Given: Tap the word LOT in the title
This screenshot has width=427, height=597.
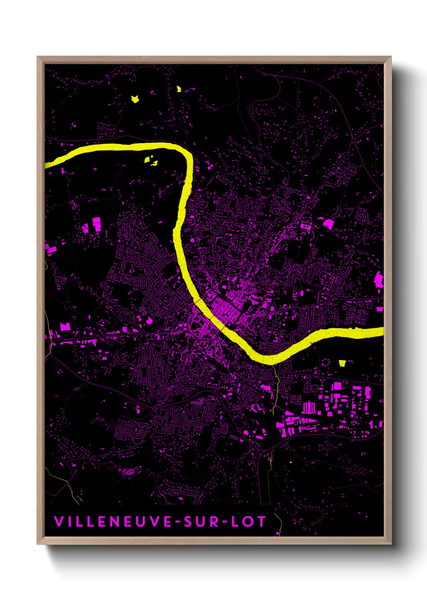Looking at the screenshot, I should click(248, 522).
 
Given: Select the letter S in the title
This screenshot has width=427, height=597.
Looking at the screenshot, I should click(188, 522).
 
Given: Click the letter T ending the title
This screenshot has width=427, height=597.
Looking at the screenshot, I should click(261, 522).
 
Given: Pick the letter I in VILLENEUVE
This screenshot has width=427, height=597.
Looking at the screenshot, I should click(69, 522).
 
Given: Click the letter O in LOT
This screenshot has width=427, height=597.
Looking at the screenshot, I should click(247, 522).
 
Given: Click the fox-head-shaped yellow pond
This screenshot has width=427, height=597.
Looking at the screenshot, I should click(135, 98).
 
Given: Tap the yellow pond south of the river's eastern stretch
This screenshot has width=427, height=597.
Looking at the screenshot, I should click(343, 363).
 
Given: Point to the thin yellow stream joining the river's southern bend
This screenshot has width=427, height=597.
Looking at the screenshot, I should click(277, 383).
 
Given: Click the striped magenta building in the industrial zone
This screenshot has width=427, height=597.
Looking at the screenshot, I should click(309, 407).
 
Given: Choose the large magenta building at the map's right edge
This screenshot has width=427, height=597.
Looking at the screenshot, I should click(379, 279).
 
